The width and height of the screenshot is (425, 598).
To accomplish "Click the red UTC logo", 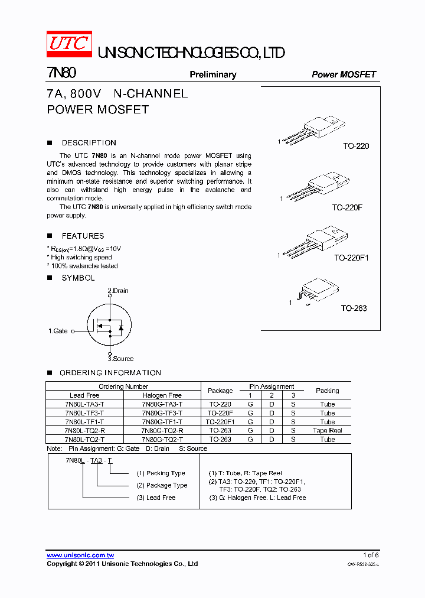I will pos(69,45).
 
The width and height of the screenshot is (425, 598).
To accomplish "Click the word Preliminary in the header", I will pos(212,74).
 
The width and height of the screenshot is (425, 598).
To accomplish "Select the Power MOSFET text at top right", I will pos(344,74).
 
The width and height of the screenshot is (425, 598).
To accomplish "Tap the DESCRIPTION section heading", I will pos(89,142).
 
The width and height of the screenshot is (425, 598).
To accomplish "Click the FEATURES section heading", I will pos(83,236).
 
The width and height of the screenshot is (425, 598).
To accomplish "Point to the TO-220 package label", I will pos(356,146).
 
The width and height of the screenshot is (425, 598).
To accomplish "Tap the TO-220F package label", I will pos(350,207).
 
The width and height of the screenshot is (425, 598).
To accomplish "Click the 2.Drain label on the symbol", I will pos(117,291).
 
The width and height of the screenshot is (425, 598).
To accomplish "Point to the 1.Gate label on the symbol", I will pos(58,331).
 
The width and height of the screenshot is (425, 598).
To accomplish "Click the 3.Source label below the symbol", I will pos(120,359).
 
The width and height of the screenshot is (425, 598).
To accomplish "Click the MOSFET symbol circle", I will pos(109,326).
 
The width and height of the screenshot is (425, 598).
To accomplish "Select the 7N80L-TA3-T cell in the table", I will pos(84,404).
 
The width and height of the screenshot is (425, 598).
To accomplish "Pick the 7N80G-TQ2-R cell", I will pos(162,431).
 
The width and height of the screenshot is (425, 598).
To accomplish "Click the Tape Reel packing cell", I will pos(327,431).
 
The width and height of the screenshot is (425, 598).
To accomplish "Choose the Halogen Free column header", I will pos(162,395).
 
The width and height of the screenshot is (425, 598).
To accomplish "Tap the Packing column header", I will pos(327,391).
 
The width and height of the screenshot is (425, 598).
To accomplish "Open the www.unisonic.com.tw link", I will pos(80,555).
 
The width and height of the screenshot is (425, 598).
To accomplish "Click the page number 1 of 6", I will pos(371,555).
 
